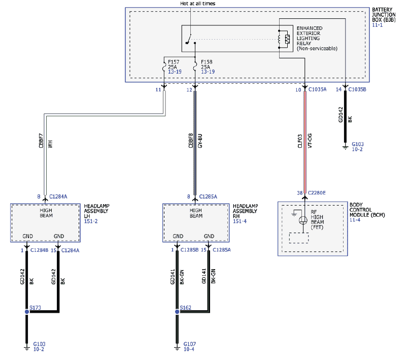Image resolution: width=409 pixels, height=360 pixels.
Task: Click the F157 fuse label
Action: (x=174, y=62)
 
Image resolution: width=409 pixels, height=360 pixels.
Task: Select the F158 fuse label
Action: (x=207, y=62)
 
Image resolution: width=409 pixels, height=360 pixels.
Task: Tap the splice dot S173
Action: (x=27, y=312)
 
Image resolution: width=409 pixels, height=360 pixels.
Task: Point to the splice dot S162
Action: (x=177, y=312)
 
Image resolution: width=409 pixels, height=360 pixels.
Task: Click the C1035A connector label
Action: (x=318, y=89)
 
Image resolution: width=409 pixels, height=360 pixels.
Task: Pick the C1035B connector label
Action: (x=357, y=89)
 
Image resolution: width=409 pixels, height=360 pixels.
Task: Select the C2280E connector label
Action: (x=317, y=192)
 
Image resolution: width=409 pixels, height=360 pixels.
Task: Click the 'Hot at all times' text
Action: (x=198, y=4)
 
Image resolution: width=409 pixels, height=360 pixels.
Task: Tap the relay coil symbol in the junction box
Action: (x=280, y=39)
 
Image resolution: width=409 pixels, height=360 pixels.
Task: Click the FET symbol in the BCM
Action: (x=303, y=220)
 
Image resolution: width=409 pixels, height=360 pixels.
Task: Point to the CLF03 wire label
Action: (x=300, y=141)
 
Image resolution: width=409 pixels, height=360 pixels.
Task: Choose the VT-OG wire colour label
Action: (x=310, y=141)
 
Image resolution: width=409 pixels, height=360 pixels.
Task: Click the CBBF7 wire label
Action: (x=41, y=141)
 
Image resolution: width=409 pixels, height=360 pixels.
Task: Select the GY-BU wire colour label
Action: (x=200, y=141)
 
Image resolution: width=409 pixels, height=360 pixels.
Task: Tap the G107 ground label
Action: (x=190, y=344)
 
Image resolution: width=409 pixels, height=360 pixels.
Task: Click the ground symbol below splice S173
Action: (x=26, y=348)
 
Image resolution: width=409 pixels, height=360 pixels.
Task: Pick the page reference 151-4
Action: (x=240, y=221)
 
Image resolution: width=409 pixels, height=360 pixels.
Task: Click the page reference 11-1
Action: (x=377, y=25)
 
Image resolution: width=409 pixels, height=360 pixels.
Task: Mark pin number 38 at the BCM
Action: (x=300, y=192)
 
